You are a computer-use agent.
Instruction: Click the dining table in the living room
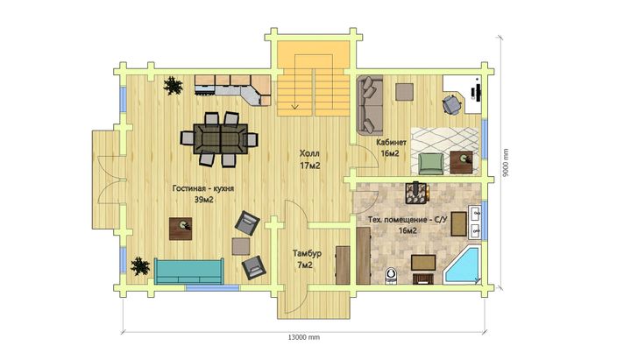(x=221, y=138)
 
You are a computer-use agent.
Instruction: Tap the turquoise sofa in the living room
(x=188, y=272)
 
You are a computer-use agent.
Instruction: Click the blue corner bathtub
(x=462, y=266)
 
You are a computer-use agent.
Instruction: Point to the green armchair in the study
(x=431, y=164)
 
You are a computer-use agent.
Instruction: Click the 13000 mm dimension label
(x=304, y=337)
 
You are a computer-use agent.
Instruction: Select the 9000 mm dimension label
(x=506, y=163)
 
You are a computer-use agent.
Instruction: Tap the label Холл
(x=309, y=153)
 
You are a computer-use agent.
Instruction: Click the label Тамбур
(x=307, y=253)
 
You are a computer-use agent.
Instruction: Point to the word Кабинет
(x=391, y=142)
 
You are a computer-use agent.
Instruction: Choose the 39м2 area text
(x=204, y=200)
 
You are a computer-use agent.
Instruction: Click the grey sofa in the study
(x=370, y=104)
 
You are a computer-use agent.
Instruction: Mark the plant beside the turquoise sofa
(x=139, y=266)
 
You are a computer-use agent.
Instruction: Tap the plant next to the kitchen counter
(x=173, y=85)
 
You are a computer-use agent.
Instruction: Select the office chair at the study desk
(x=451, y=104)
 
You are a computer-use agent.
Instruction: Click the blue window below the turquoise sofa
(x=212, y=288)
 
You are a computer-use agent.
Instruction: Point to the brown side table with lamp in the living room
(x=181, y=229)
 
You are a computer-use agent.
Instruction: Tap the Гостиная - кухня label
(x=203, y=188)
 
